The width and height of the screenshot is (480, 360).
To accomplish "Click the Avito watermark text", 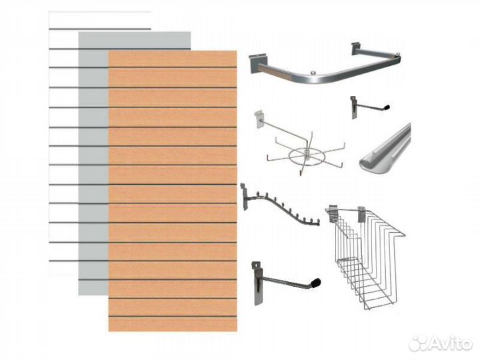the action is pyautogui.click(x=450, y=344).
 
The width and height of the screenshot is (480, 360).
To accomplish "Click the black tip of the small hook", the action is pyautogui.click(x=387, y=107).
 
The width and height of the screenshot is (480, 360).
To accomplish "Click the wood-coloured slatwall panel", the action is pyautogui.click(x=173, y=191).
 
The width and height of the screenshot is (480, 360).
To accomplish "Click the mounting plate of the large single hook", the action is pyautogui.click(x=257, y=283).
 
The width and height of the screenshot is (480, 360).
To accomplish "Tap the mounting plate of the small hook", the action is pyautogui.click(x=354, y=107).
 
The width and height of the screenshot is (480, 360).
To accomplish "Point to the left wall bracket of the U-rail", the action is pyautogui.click(x=258, y=64).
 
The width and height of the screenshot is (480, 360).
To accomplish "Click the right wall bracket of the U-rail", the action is pyautogui.click(x=357, y=49).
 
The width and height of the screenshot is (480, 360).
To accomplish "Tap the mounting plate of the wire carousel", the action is pyautogui.click(x=259, y=119).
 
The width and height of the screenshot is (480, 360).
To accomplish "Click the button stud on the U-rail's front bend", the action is pyautogui.click(x=314, y=73).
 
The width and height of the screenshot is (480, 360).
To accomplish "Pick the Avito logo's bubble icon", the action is pyautogui.click(x=418, y=344).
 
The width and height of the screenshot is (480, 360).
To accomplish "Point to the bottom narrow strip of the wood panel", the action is pyautogui.click(x=173, y=324).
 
